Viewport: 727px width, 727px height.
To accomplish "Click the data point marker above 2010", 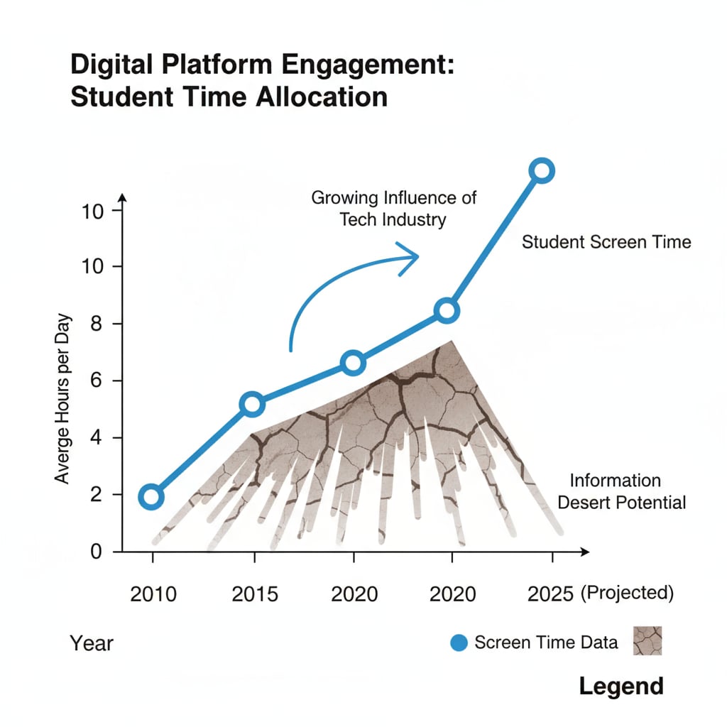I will pos(151,496).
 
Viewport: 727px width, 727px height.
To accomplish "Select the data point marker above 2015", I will pos(253,405).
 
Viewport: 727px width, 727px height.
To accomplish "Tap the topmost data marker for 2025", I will pos(542,170).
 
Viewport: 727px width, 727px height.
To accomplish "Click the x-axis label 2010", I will pos(153,593).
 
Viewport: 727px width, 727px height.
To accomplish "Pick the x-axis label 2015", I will pos(255,593).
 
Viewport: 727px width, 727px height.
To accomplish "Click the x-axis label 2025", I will pos(550,593).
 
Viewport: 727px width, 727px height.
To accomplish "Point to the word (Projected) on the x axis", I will pos(626,592).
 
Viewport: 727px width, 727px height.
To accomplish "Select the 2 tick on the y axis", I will pos(97,495).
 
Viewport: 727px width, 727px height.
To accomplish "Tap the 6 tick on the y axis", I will pos(97,381).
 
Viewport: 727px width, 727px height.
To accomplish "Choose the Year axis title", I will pos(92,643).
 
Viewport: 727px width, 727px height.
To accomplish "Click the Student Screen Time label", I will pos(606,242).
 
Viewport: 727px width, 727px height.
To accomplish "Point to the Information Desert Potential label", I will pos(621,492).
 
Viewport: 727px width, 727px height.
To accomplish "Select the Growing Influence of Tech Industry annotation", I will pos(393,208).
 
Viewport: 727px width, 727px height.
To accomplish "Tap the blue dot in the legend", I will pos(459,643).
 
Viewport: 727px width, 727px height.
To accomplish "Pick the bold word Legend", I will pos(621,686).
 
